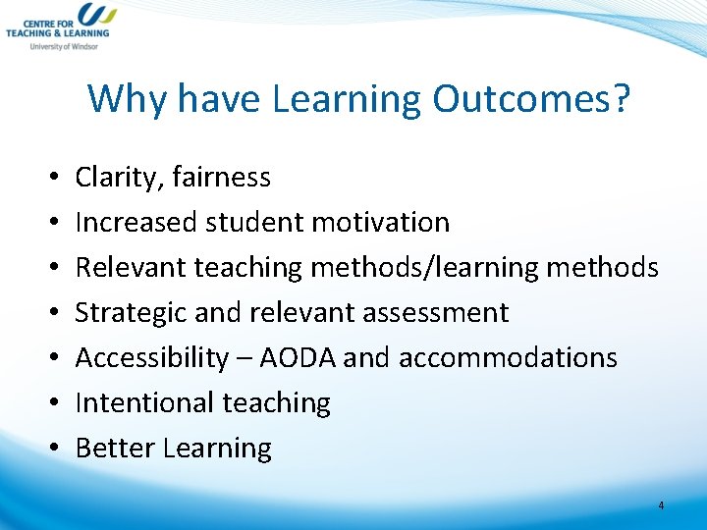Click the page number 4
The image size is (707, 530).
(661, 505)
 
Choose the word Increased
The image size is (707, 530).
(136, 223)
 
